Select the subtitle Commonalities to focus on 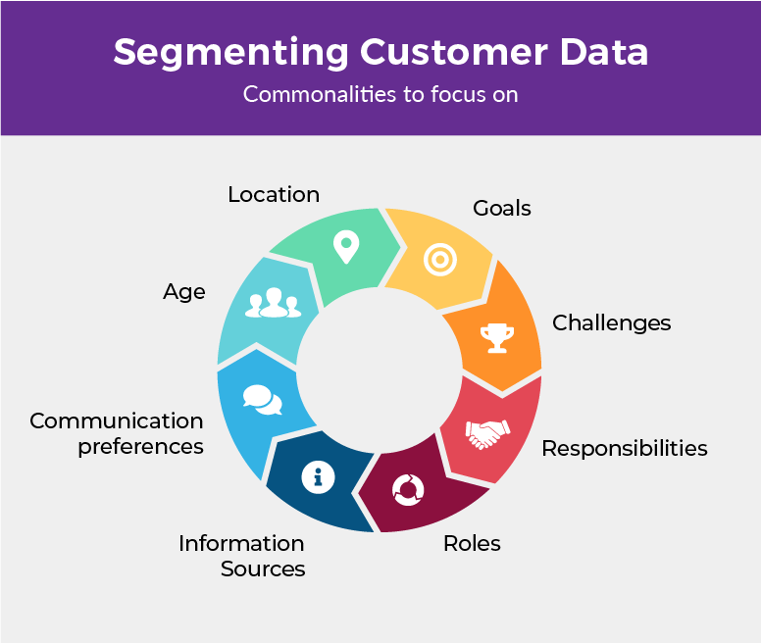(x=380, y=95)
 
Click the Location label (x=274, y=194)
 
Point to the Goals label (x=501, y=208)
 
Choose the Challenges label (x=611, y=322)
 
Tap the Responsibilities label (x=624, y=448)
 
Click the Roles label (x=472, y=543)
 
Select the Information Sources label (x=241, y=556)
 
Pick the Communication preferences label (x=117, y=433)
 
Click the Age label (x=184, y=291)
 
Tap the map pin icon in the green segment (x=345, y=247)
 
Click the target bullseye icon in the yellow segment (x=440, y=259)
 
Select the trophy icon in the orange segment (x=496, y=337)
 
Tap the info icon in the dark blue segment (x=318, y=477)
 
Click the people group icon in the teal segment (x=273, y=304)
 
